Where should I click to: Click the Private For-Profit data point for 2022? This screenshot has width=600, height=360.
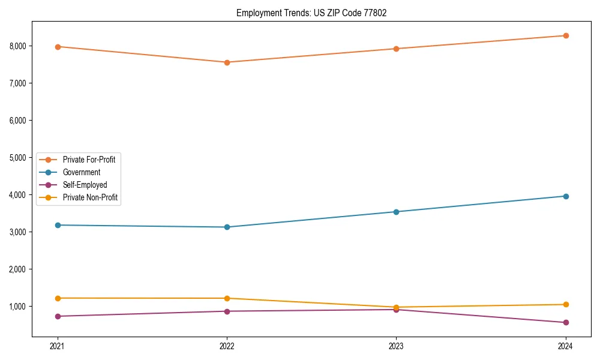coord(227,62)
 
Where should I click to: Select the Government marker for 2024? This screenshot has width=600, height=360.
coord(566,196)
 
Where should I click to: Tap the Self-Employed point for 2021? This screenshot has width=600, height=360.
coord(58,316)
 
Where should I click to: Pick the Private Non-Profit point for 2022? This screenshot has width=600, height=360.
coord(227,298)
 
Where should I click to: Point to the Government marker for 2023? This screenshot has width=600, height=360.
coord(396,212)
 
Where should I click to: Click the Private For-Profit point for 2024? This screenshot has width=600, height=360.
coord(566,36)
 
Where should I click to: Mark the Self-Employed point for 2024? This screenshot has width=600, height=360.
coord(566,322)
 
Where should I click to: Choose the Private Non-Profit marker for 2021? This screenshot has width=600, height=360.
coord(58,298)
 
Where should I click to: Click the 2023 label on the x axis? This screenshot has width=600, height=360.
coord(396,346)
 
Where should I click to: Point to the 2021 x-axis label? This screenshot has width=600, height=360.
coord(58,346)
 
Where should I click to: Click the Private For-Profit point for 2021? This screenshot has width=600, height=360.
coord(58,47)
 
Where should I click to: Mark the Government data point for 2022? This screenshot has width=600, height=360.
coord(227,227)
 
